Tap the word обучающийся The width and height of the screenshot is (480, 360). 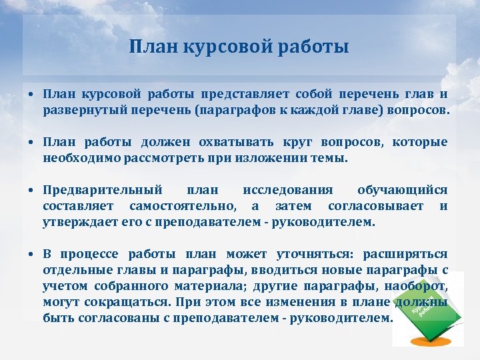402,190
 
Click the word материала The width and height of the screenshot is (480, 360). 207,287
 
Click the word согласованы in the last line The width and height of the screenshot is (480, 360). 119,318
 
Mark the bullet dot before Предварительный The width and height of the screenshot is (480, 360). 32,191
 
